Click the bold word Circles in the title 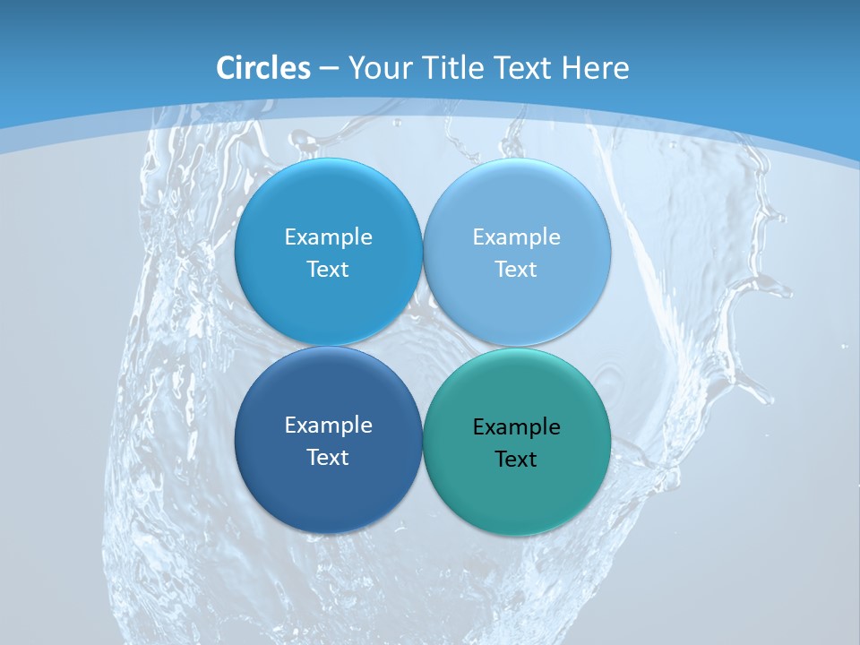pyautogui.click(x=263, y=68)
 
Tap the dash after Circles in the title pyautogui.click(x=329, y=69)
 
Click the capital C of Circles pyautogui.click(x=227, y=68)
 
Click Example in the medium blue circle pyautogui.click(x=328, y=236)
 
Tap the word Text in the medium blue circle pyautogui.click(x=328, y=269)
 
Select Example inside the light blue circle pyautogui.click(x=517, y=236)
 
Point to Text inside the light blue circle pyautogui.click(x=517, y=269)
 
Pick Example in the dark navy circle pyautogui.click(x=328, y=425)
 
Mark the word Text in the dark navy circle pyautogui.click(x=328, y=457)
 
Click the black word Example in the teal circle pyautogui.click(x=517, y=427)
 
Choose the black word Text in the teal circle pyautogui.click(x=517, y=460)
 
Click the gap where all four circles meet pyautogui.click(x=423, y=346)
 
